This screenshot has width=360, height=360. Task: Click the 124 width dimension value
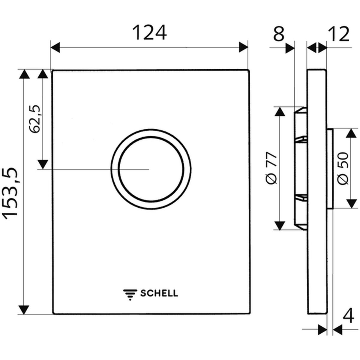(x=149, y=33)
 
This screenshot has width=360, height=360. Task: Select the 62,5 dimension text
(x=35, y=119)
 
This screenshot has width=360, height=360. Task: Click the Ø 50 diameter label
(x=343, y=168)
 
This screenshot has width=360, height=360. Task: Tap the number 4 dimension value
(x=348, y=315)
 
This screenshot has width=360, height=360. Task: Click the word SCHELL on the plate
(x=159, y=293)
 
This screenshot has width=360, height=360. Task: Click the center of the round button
(x=151, y=169)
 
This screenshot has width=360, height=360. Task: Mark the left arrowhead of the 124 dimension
(x=55, y=47)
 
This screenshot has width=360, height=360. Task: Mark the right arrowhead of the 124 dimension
(x=243, y=47)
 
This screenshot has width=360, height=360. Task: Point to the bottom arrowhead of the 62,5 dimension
(x=43, y=165)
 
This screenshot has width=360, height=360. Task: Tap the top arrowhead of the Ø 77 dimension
(x=280, y=112)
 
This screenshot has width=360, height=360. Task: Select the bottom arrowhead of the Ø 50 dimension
(x=351, y=204)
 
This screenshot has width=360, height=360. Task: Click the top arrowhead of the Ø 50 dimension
(x=351, y=133)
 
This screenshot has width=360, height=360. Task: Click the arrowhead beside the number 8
(x=290, y=48)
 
